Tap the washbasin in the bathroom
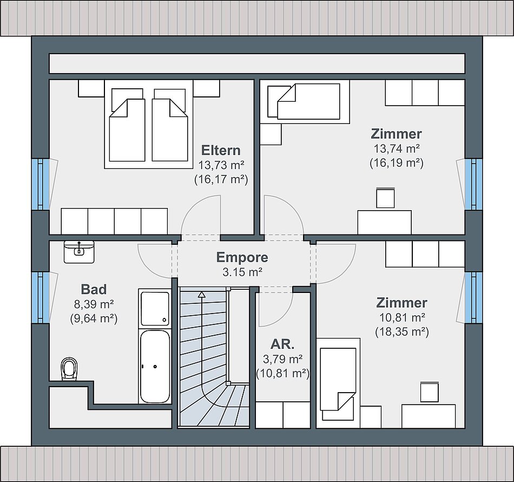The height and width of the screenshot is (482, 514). (79, 252)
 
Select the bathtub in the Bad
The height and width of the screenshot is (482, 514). (155, 366)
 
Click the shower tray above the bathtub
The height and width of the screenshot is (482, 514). (155, 309)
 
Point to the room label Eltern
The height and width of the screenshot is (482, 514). (221, 150)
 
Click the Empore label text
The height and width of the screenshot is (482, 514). (242, 258)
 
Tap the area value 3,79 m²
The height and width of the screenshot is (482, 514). (282, 359)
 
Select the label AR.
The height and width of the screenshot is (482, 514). (282, 344)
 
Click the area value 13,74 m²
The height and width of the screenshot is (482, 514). (397, 148)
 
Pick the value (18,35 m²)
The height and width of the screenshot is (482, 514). (402, 332)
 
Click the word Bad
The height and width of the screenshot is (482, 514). (94, 289)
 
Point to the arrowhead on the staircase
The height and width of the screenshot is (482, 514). (201, 295)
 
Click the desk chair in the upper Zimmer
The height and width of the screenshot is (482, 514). (385, 198)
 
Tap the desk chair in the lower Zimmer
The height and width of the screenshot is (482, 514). (430, 392)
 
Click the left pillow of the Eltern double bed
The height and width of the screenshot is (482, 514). (127, 99)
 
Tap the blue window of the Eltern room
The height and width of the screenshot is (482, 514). (41, 184)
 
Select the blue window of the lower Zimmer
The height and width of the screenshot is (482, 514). (473, 297)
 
